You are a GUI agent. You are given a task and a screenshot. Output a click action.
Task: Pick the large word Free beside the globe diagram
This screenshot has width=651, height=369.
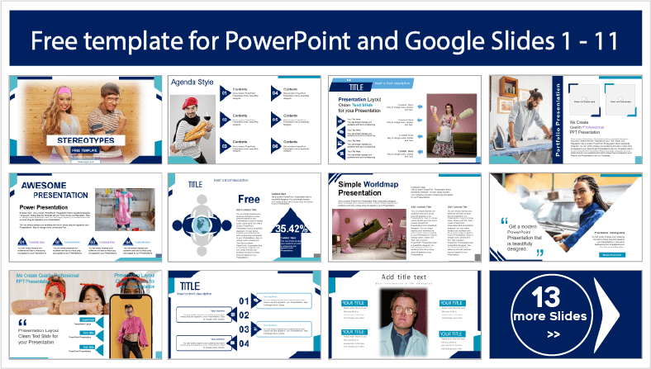248,199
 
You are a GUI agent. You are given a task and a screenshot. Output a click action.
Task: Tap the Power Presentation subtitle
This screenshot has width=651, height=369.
47,207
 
